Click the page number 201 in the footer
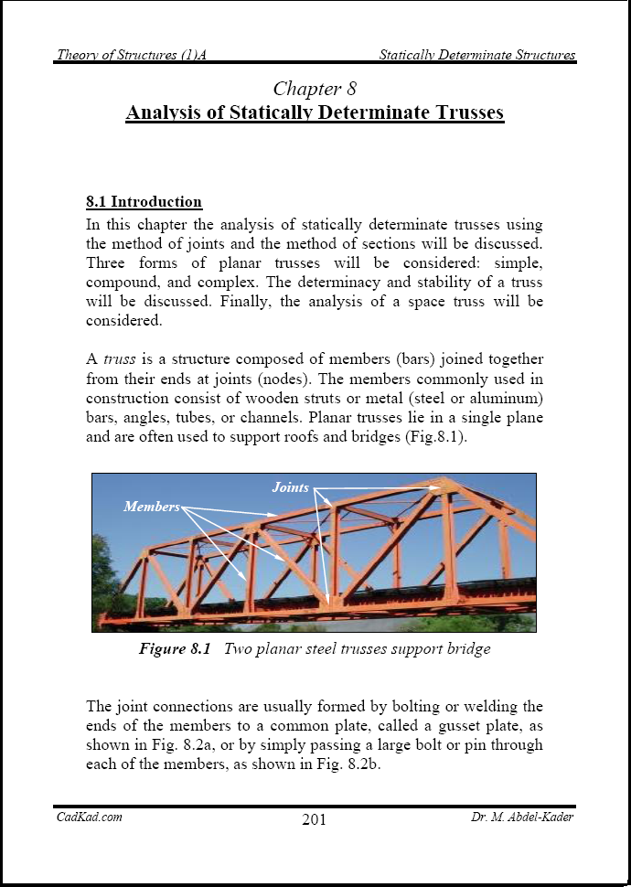[314, 819]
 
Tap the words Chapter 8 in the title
[315, 89]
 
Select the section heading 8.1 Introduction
[144, 202]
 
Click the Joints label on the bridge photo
[291, 487]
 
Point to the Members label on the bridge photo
[152, 507]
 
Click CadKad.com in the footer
[90, 818]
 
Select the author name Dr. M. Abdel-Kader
[517, 818]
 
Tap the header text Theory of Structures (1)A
[132, 55]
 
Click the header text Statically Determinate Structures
[477, 55]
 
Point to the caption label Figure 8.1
[175, 649]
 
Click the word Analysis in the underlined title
[166, 113]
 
